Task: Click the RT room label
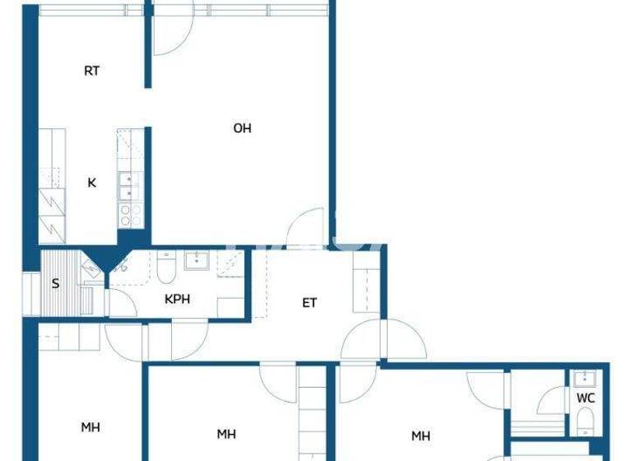pyautogui.click(x=92, y=71)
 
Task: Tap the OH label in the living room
pyautogui.click(x=242, y=128)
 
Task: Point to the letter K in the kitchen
pyautogui.click(x=92, y=183)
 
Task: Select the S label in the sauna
pyautogui.click(x=55, y=285)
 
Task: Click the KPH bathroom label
pyautogui.click(x=178, y=299)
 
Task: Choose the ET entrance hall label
pyautogui.click(x=309, y=303)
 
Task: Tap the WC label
pyautogui.click(x=585, y=398)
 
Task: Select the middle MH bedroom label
pyautogui.click(x=226, y=434)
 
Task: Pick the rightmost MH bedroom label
pyautogui.click(x=421, y=435)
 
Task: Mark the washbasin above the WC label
pyautogui.click(x=584, y=379)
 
